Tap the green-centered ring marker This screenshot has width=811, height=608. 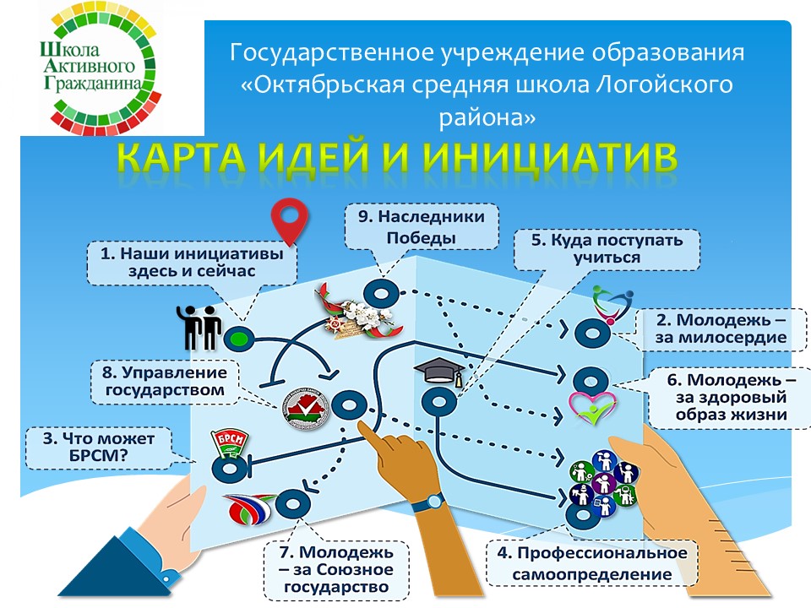click(238, 339)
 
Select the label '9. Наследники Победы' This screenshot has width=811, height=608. click(421, 227)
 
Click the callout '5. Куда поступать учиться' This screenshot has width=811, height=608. click(607, 249)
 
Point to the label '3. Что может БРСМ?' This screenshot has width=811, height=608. click(98, 448)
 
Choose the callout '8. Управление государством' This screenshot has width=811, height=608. click(165, 382)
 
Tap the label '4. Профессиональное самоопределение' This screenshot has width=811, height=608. click(591, 563)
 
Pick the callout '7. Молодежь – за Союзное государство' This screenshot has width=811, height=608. click(336, 570)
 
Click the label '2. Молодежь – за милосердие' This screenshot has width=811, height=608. click(721, 328)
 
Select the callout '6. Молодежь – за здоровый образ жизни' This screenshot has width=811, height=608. click(731, 397)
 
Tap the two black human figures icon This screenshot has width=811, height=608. click(199, 328)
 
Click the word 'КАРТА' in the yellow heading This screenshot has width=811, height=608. click(182, 157)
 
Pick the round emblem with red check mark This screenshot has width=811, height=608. click(306, 409)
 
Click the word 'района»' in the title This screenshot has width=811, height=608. click(487, 118)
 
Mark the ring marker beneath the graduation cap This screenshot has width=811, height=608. click(438, 402)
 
